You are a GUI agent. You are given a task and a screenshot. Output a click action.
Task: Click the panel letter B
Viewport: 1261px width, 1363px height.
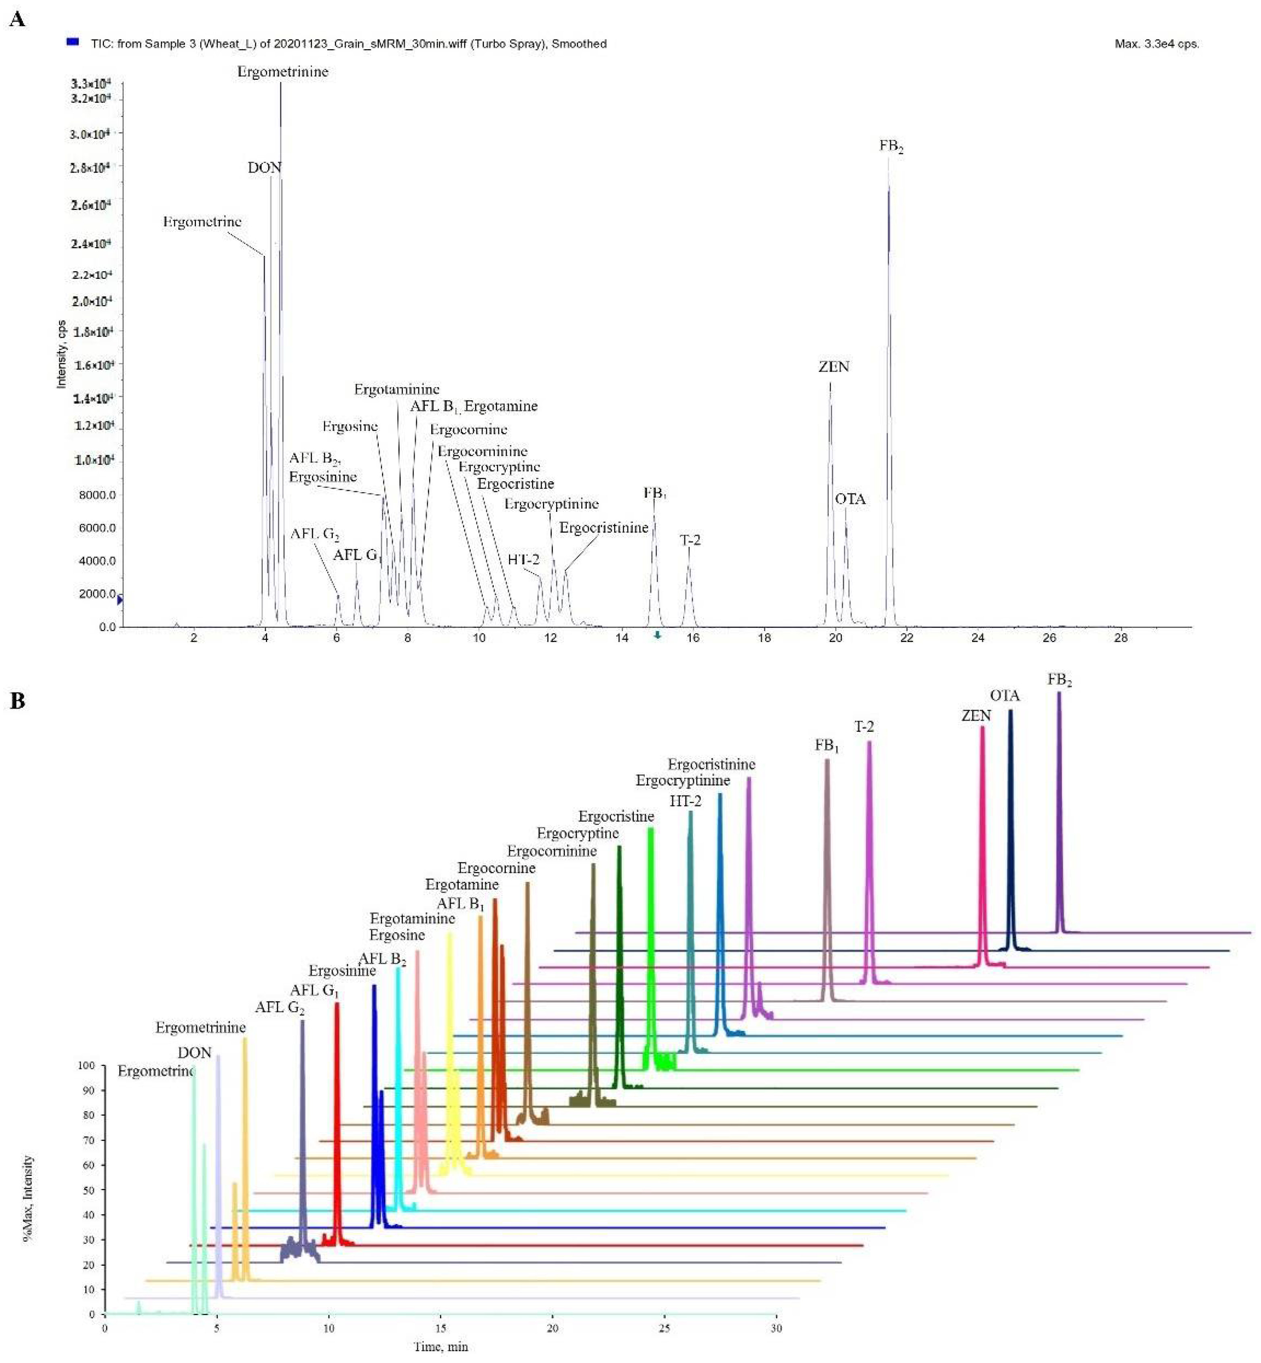click(17, 701)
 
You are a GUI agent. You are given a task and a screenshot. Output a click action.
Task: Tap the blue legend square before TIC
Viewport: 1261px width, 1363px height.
click(72, 42)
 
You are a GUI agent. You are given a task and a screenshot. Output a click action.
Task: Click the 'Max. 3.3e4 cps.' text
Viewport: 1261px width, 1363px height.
click(1157, 44)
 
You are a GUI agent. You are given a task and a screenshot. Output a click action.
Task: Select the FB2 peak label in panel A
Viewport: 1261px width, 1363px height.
click(891, 146)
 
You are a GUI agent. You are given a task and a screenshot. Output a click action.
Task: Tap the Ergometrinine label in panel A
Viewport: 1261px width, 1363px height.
click(283, 72)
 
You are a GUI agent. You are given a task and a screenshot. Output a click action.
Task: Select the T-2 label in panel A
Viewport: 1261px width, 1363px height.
click(690, 540)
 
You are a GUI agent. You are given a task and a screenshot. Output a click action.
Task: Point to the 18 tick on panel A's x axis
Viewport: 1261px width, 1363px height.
click(764, 638)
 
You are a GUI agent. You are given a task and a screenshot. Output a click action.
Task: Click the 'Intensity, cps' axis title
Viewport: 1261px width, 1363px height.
click(61, 354)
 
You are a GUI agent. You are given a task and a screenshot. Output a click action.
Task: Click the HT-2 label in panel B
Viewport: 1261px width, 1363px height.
click(685, 801)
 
